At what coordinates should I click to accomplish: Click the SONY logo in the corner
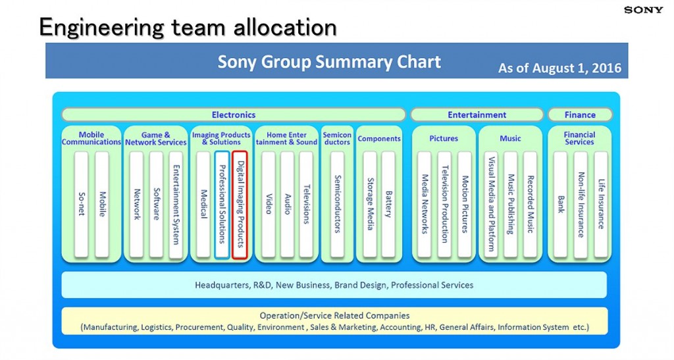tap(644, 10)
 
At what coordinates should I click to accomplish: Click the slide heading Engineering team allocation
tap(188, 27)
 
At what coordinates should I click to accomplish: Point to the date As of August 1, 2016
tap(559, 68)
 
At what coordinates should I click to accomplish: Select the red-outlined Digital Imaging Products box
tap(240, 205)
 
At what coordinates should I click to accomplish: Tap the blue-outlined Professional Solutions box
tap(222, 205)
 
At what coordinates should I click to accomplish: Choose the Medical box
tap(203, 205)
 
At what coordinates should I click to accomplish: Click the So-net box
tap(81, 205)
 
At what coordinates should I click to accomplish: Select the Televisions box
tap(306, 205)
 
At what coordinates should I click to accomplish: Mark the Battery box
tap(388, 205)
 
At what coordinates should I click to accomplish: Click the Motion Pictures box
tap(465, 205)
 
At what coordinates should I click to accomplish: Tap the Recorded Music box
tap(530, 205)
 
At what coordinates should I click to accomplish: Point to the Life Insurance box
tap(600, 205)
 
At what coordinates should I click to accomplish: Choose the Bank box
tap(560, 205)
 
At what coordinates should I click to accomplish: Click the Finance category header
tap(580, 115)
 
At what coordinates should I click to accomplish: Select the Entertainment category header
tap(477, 115)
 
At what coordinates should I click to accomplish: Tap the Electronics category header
tap(234, 115)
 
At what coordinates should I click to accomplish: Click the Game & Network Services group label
tap(156, 139)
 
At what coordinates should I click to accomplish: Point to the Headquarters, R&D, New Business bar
tap(334, 285)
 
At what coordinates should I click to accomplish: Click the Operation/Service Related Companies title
tap(334, 316)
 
